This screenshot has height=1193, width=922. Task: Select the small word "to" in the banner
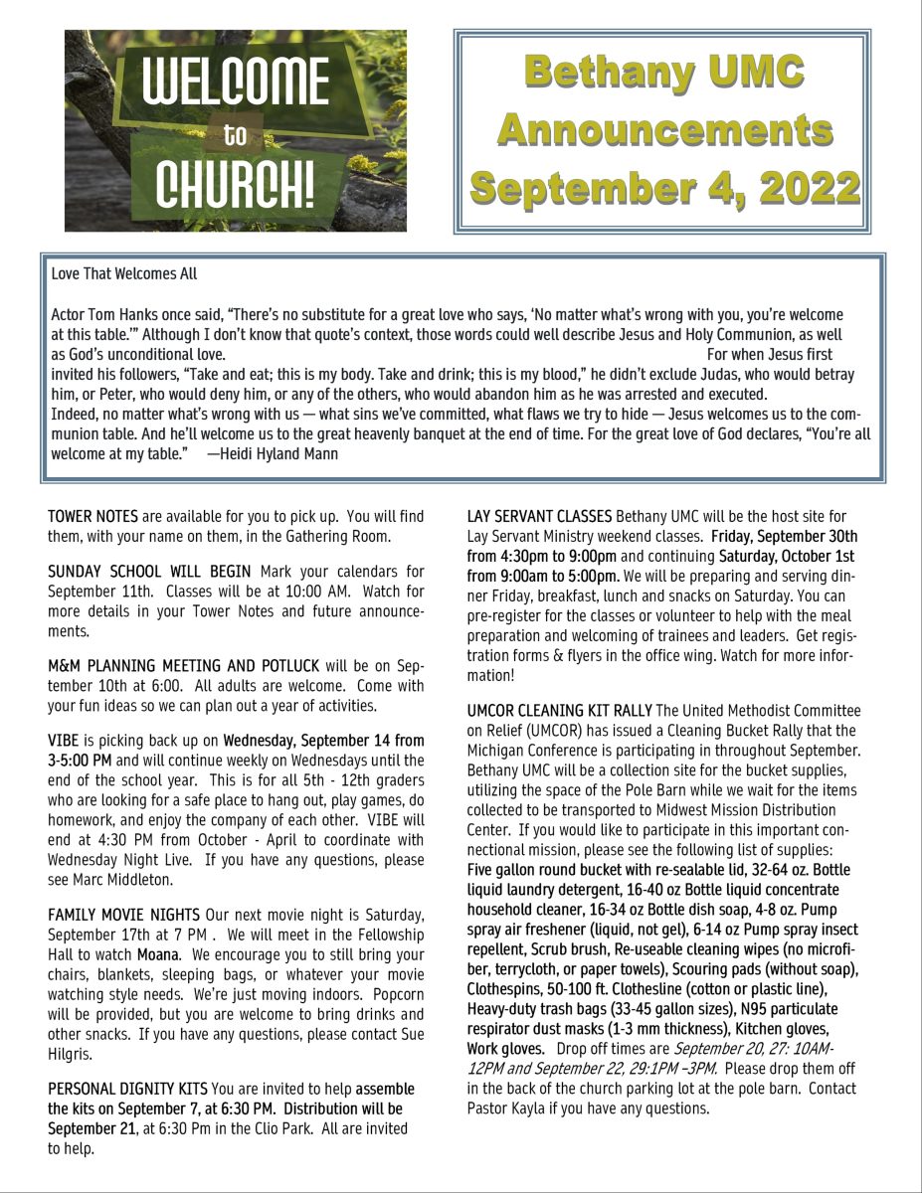coord(236,135)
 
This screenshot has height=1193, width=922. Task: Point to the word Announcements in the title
coord(664,129)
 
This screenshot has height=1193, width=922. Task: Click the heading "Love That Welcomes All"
coord(124,273)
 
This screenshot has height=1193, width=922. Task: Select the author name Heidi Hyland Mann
coord(278,454)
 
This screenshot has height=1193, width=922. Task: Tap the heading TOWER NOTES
coord(92,517)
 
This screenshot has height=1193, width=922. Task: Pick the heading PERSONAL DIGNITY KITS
coord(127,1089)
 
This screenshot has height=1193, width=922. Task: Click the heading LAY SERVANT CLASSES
coord(539,517)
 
